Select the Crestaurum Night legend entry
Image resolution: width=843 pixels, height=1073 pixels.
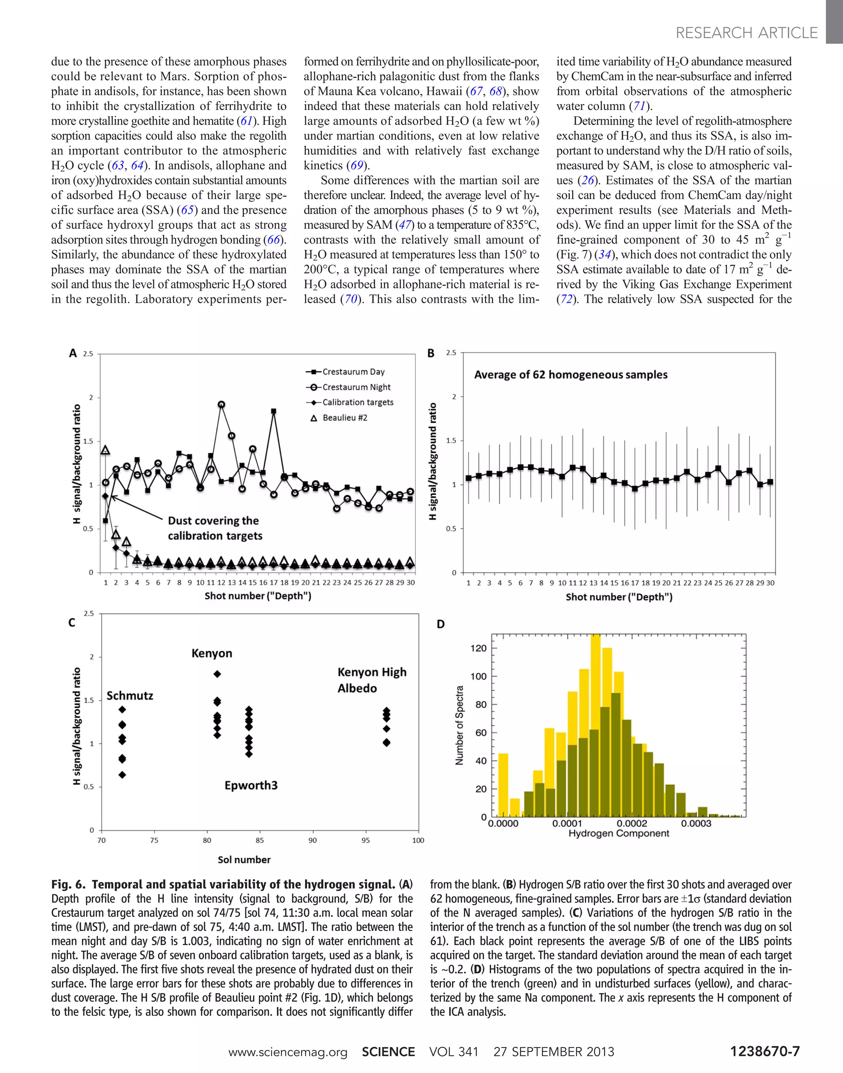pos(349,387)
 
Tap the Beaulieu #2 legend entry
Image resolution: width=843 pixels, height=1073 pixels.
pos(340,418)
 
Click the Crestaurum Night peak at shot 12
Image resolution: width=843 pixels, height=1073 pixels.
pos(221,404)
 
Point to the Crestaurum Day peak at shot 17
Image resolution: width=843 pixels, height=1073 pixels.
pos(274,411)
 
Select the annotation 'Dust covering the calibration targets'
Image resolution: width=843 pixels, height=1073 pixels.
pos(215,528)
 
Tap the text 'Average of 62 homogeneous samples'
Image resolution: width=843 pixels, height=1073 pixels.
pos(571,375)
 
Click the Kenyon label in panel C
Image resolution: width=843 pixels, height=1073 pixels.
pos(212,653)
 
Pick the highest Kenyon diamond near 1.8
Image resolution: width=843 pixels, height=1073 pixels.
pos(217,674)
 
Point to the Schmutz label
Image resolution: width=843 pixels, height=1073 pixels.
pos(130,696)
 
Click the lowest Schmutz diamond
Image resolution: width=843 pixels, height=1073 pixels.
pos(122,775)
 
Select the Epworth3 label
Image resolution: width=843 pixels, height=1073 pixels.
pos(251,785)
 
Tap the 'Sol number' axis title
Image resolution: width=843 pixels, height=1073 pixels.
pos(245,860)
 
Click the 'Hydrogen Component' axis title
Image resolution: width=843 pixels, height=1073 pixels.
pos(618,833)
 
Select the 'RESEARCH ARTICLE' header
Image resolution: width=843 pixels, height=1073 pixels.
pos(746,33)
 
